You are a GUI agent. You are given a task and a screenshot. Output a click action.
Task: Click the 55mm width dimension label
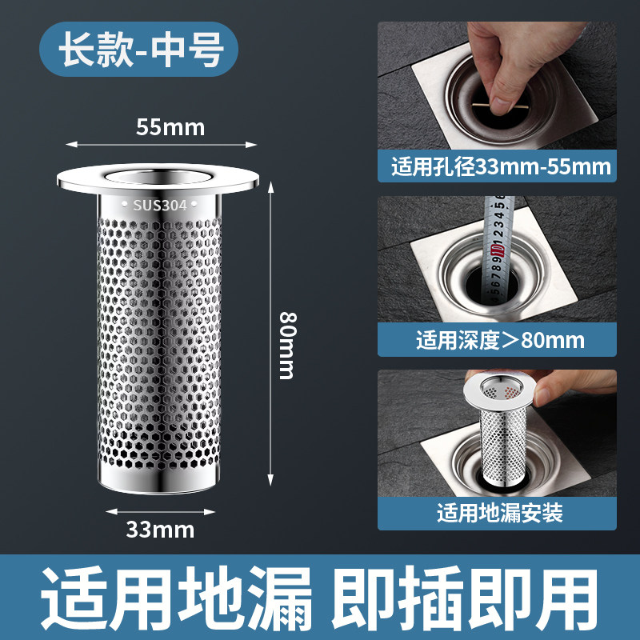point(170,127)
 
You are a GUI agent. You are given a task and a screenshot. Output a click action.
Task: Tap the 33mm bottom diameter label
point(160,530)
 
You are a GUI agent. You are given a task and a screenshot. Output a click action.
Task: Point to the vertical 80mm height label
point(288,346)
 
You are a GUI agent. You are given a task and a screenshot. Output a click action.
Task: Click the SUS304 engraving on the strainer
point(159,205)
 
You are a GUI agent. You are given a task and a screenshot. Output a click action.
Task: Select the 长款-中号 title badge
point(138,50)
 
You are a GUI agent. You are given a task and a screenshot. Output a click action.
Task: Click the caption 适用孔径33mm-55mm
point(502,166)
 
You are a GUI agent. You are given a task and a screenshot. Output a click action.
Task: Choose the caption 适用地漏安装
point(500,513)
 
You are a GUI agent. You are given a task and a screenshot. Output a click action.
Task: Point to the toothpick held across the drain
point(501,107)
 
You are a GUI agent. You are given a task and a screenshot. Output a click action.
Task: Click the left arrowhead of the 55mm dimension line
point(71,145)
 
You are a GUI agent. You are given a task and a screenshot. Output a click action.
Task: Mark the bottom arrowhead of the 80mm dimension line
point(270,480)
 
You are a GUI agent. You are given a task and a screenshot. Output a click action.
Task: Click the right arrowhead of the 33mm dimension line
point(210,512)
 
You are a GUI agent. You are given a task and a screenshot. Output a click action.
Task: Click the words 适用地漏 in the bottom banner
point(176,598)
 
